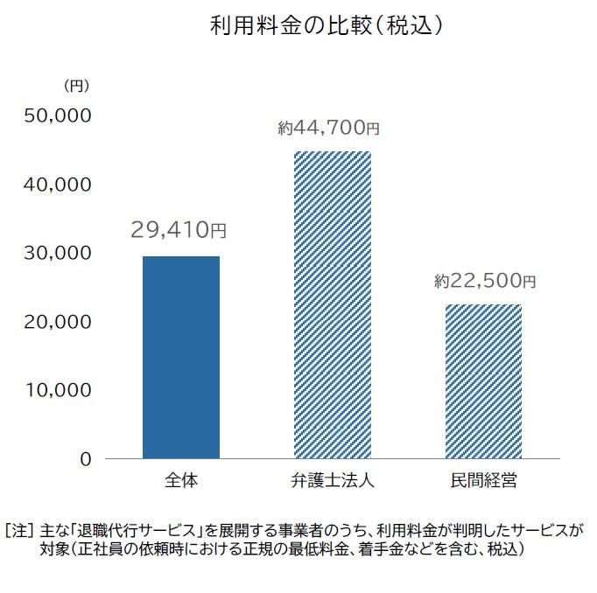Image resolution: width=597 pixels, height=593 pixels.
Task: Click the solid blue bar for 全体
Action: click(x=180, y=357)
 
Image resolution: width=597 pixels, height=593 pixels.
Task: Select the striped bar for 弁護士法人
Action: click(x=332, y=304)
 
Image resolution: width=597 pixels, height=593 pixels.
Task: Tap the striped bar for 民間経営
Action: click(x=484, y=380)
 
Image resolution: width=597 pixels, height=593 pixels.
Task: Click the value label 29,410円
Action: click(x=179, y=231)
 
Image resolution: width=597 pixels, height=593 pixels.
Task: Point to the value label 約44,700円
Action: click(x=329, y=129)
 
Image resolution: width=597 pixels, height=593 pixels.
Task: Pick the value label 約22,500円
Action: click(x=483, y=282)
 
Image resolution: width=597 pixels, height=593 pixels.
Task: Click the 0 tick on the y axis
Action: click(x=86, y=458)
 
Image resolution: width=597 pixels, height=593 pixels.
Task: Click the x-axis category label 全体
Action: click(x=179, y=480)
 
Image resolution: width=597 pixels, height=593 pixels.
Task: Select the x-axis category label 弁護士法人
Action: click(x=332, y=480)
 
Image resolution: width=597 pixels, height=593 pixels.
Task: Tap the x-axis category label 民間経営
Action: click(x=483, y=480)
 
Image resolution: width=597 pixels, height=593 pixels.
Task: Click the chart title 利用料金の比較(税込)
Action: click(x=325, y=25)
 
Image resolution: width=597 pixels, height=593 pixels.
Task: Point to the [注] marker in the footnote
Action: click(x=18, y=530)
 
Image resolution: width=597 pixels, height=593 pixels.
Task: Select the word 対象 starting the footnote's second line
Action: click(x=53, y=549)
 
